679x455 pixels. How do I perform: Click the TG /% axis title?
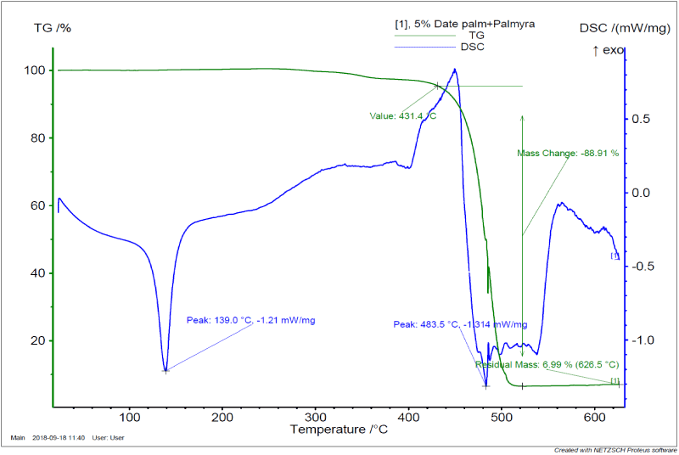[52, 28]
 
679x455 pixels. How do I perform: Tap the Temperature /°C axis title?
[339, 430]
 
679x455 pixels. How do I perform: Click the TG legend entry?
[476, 36]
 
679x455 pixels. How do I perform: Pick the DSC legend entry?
[474, 47]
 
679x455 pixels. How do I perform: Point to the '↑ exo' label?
[609, 51]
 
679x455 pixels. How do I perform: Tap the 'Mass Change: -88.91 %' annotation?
[568, 154]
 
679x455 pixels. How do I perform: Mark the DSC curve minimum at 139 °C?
[166, 370]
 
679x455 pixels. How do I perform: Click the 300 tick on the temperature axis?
[316, 417]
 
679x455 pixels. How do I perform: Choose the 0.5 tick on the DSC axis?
[643, 119]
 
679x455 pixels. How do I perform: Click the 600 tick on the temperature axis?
[594, 417]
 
